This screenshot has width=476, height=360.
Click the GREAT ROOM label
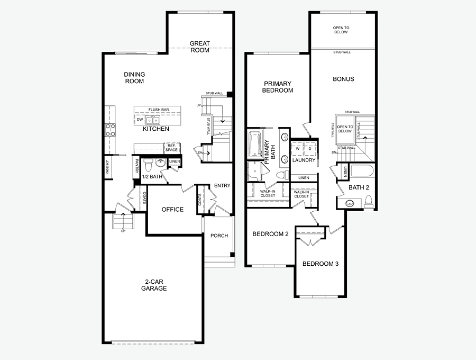200,47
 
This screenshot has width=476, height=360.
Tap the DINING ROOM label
134,78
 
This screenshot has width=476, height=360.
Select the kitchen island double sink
152,120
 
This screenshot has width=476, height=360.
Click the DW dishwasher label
140,120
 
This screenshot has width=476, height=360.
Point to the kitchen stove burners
110,130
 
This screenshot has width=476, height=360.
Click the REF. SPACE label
171,148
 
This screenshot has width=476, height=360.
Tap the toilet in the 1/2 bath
149,165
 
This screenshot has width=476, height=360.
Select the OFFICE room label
172,209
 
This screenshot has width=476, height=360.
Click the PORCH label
219,236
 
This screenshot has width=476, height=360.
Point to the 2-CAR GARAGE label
154,285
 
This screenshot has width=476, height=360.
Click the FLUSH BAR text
159,110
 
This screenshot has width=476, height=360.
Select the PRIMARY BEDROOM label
278,87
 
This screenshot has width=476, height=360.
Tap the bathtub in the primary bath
255,145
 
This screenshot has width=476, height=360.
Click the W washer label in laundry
298,149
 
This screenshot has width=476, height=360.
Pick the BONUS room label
343,79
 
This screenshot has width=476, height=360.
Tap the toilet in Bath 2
369,202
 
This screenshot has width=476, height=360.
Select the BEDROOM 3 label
321,264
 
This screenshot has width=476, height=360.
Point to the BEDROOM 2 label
270,234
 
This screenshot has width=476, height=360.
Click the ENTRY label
222,186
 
